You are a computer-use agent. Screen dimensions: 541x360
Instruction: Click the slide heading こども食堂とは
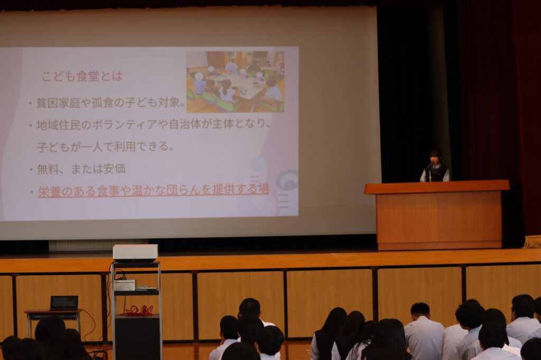pos(82,77)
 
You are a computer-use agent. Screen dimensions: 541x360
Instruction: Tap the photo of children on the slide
pos(235,82)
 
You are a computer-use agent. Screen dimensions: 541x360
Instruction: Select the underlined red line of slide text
pos(154,191)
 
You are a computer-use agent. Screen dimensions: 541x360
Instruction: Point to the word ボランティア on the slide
pos(125,124)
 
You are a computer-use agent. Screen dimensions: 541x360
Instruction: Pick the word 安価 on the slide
pos(115,168)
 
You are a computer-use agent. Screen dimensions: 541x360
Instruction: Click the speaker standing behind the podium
pos(435,167)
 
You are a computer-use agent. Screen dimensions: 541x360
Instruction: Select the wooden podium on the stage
pos(437,214)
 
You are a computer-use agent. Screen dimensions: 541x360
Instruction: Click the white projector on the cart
pos(135,253)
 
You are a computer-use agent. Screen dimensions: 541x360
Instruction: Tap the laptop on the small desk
pos(64,303)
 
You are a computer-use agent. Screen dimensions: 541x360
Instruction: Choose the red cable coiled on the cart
pos(139,310)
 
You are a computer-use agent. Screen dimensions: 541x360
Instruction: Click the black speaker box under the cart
pos(137,337)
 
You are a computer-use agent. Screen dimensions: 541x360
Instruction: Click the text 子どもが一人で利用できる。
pos(106,147)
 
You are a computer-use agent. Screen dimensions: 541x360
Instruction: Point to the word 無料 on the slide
pos(48,169)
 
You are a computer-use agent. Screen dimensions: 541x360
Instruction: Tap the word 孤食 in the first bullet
pos(102,102)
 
